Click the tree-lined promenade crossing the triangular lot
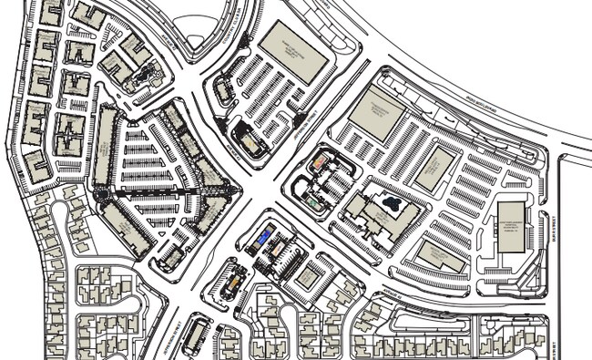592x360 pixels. pyautogui.click(x=168, y=192)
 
